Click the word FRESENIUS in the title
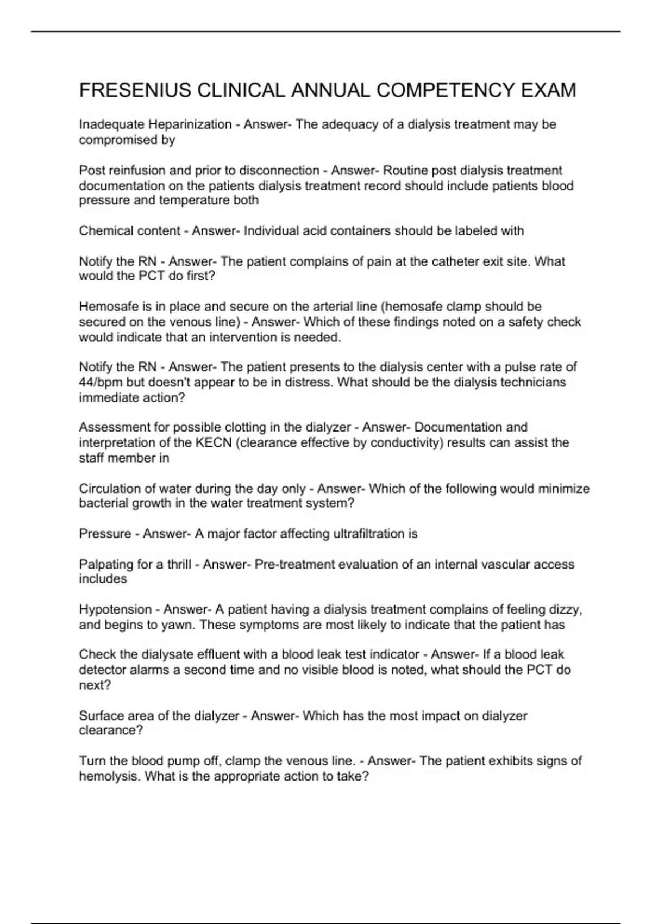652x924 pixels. [x=135, y=90]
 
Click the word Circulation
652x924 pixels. [x=110, y=489]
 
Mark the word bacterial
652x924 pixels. [x=102, y=503]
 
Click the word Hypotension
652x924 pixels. [x=115, y=610]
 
